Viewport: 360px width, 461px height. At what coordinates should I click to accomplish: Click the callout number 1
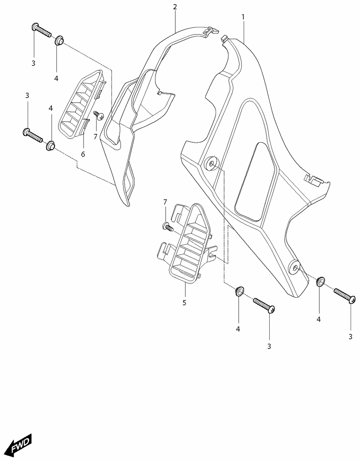(243, 17)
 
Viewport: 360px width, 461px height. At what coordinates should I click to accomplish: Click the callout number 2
(175, 7)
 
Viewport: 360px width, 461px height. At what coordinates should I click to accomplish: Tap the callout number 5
(184, 303)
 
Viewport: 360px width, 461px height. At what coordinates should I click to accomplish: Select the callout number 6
(83, 154)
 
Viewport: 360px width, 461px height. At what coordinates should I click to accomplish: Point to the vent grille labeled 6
(82, 104)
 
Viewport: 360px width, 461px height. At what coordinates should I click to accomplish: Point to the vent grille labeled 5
(187, 244)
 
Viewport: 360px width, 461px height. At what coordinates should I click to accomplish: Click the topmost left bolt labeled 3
(41, 30)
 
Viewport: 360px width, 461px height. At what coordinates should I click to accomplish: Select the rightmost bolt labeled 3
(345, 295)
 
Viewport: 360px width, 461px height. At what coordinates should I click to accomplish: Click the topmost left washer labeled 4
(59, 40)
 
